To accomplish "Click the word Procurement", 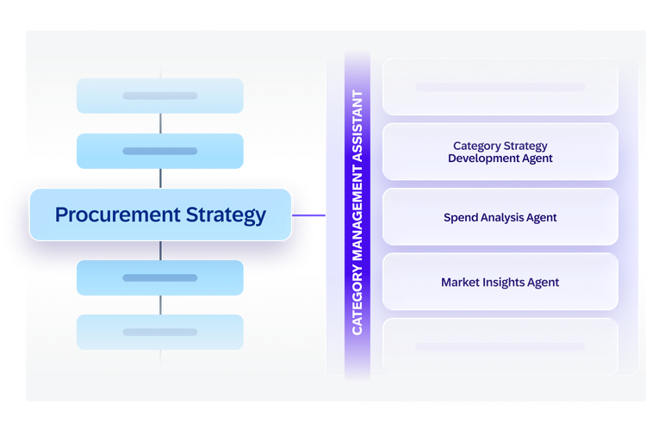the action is tap(118, 214).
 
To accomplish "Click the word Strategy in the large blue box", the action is tap(226, 215).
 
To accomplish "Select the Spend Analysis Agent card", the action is tap(500, 217).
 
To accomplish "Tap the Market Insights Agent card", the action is tap(500, 282).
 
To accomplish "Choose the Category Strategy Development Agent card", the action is tap(500, 152).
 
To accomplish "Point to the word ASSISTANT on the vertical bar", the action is tap(357, 126).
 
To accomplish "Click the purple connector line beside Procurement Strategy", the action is tap(308, 215).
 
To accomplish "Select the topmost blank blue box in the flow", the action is tap(160, 96).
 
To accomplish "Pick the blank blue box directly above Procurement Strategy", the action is tap(160, 151).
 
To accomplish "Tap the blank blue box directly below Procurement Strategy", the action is tap(160, 277).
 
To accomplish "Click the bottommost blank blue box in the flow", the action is tap(160, 333).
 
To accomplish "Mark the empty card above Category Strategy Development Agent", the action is tap(500, 86).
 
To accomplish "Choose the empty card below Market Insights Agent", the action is tap(500, 346).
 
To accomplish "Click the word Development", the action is tap(477, 159).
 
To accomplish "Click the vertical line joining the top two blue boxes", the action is tap(160, 123).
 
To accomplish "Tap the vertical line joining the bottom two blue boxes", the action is tap(160, 305).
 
